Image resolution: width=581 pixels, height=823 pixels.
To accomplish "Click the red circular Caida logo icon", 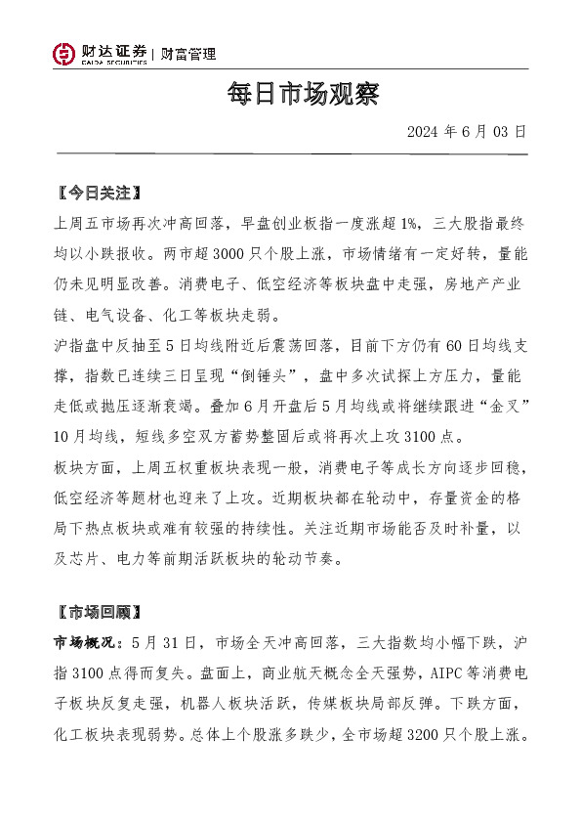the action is pos(64,55).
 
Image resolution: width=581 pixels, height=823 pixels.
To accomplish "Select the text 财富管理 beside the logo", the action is pos(188,55).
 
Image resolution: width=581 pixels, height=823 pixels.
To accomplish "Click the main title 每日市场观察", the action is pos(290,95).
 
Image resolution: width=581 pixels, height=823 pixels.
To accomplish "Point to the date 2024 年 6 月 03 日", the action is pos(467,131).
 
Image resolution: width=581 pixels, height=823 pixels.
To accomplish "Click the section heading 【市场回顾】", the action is pos(101,613).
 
